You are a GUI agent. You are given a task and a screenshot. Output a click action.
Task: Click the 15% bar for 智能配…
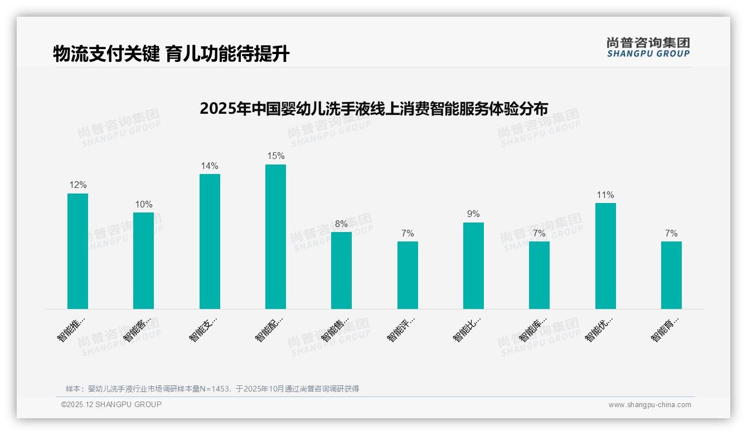275,236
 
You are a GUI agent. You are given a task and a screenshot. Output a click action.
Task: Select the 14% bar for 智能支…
210,241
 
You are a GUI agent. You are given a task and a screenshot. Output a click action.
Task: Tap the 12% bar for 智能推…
77,251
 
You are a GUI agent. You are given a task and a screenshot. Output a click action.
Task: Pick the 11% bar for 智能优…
605,255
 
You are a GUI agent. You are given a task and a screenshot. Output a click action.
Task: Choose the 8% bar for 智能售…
341,270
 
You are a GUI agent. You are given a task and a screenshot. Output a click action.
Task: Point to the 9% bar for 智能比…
473,265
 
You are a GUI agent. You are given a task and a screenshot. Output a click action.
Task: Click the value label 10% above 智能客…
143,205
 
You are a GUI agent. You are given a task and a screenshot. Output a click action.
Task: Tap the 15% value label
275,156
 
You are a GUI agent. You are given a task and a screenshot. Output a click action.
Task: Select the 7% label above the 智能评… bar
408,234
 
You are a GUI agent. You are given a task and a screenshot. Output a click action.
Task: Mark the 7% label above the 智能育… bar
671,234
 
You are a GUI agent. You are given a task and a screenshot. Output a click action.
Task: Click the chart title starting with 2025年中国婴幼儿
373,108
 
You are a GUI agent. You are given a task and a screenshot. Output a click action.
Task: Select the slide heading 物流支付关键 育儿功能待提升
171,54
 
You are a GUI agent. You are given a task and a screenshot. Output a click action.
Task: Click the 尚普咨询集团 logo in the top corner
648,47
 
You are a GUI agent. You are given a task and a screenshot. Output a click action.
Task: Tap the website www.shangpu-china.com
649,405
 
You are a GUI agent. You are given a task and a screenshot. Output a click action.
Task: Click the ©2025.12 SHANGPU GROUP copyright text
111,404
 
